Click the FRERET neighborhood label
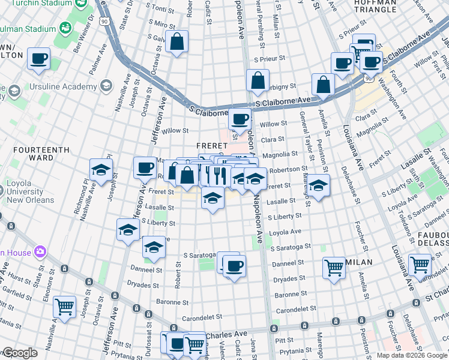coord(210,146)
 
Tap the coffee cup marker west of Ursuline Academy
coord(39,59)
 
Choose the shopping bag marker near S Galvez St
coord(177,43)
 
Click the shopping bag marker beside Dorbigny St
coord(258,81)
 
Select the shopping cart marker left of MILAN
coord(334,268)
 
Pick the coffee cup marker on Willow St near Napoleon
coord(240,120)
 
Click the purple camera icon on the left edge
coord(41,251)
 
